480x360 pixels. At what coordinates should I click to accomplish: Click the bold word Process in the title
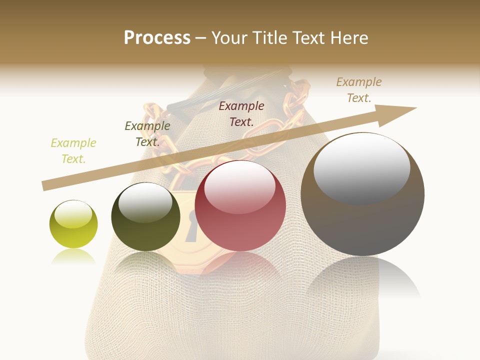pyautogui.click(x=157, y=37)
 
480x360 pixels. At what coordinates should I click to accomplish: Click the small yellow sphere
pyautogui.click(x=73, y=224)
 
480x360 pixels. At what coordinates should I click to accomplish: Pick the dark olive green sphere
pyautogui.click(x=145, y=217)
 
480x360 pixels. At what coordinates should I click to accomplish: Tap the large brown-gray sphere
pyautogui.click(x=362, y=194)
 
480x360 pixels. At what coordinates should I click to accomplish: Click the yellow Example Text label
pyautogui.click(x=73, y=151)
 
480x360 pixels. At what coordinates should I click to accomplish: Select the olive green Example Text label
pyautogui.click(x=147, y=134)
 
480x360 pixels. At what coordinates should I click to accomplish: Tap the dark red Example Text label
pyautogui.click(x=241, y=113)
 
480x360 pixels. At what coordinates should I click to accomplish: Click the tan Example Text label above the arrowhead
pyautogui.click(x=359, y=90)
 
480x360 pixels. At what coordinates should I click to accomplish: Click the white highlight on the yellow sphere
pyautogui.click(x=73, y=214)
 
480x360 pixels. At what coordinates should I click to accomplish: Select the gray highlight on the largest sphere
pyautogui.click(x=361, y=167)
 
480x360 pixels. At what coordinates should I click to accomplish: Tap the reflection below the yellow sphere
pyautogui.click(x=73, y=257)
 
